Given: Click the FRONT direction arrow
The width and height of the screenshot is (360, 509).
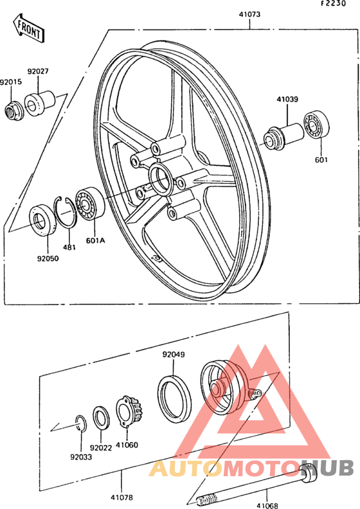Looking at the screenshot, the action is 28,28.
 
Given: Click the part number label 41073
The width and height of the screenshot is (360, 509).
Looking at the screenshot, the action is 249,15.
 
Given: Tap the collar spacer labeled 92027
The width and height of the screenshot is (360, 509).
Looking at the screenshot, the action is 40,104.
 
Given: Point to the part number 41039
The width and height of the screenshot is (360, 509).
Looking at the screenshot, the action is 287,99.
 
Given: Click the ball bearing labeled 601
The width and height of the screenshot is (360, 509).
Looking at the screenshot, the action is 316,125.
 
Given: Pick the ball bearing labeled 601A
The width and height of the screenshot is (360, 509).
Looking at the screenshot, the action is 90,203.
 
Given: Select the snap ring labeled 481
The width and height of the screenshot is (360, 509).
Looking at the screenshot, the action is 65,212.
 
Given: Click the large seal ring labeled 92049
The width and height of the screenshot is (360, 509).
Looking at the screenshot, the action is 175,399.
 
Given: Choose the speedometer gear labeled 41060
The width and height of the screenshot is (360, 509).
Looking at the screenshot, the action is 129,412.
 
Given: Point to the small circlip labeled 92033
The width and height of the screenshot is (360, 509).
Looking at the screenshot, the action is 80,424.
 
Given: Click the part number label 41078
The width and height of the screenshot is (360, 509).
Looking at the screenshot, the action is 122,497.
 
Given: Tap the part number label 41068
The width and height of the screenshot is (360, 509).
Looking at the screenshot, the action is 267,505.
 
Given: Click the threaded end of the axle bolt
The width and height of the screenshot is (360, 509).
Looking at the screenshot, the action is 206,498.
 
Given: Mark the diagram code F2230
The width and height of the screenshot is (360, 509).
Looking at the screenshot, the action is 334,4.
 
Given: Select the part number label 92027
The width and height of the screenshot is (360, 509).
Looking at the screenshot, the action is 38,71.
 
